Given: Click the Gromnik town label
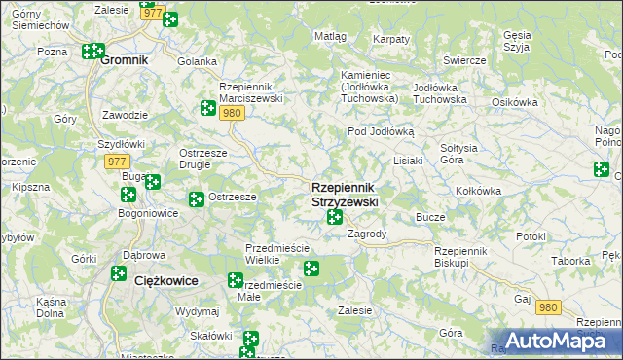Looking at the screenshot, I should point(125,59).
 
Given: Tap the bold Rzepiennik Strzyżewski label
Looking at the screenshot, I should point(345,194).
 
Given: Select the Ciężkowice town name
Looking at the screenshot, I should point(166,280).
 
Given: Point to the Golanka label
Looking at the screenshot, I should point(197,60).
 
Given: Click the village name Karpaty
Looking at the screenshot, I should point(390,39).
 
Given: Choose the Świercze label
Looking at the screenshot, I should point(463,60).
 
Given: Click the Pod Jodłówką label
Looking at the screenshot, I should point(382,131).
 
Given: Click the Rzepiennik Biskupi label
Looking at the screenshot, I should point(465,257).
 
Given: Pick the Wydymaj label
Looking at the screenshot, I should point(198,311).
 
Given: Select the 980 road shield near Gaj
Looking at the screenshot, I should point(549,307).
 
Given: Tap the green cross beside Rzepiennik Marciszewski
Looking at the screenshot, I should point(207,108).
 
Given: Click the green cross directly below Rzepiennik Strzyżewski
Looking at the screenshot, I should point(335,216).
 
